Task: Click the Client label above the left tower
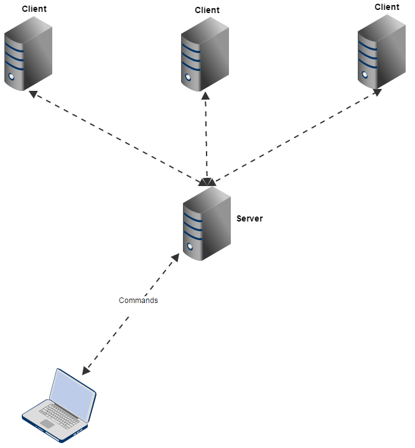click(34, 9)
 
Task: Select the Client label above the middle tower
click(207, 10)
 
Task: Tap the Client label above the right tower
click(386, 7)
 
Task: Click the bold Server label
click(249, 218)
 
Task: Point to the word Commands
click(138, 301)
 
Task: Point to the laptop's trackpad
click(47, 424)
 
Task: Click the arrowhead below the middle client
click(205, 96)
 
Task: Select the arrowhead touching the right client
click(377, 92)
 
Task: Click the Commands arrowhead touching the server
click(175, 257)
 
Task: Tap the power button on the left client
click(11, 78)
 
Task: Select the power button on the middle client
click(187, 78)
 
